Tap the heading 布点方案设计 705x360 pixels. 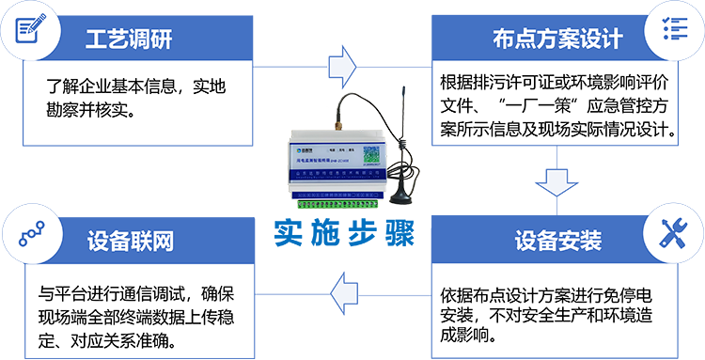[557, 39]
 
